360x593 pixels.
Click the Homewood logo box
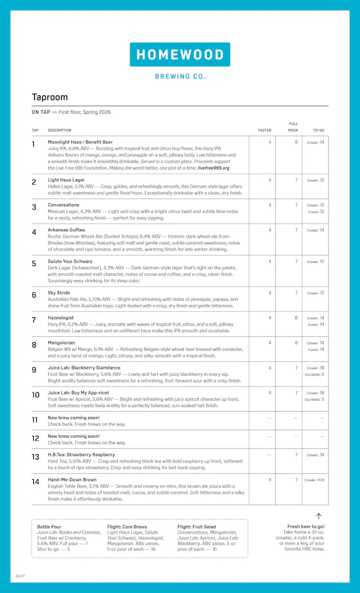(x=180, y=55)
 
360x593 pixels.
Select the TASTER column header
(x=264, y=130)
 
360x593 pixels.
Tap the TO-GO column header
(x=318, y=130)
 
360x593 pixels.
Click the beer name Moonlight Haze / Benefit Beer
(x=80, y=142)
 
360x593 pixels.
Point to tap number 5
(x=34, y=263)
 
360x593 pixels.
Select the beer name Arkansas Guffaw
(x=66, y=229)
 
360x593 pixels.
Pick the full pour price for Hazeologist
(x=296, y=318)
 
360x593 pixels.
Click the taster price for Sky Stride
(x=269, y=292)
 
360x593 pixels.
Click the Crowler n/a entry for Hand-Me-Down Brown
(x=314, y=480)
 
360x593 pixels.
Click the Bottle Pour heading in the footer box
(x=49, y=526)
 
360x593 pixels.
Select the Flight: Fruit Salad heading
(x=197, y=526)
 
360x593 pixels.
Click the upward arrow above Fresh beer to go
(x=318, y=517)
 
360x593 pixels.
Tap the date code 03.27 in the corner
(x=20, y=576)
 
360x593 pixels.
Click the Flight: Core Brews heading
(x=127, y=526)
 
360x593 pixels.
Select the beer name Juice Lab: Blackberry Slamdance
(x=84, y=368)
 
